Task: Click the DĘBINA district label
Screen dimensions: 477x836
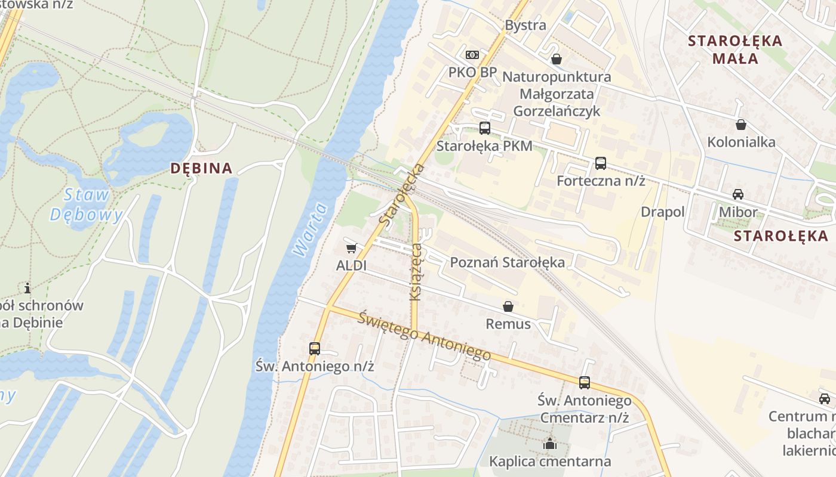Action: tap(201, 168)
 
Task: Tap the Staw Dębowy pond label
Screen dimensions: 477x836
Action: tap(87, 205)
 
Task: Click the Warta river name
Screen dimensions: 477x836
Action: tap(311, 230)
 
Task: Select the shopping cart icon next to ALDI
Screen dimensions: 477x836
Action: tap(351, 248)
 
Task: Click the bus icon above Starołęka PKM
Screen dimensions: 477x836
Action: tap(484, 128)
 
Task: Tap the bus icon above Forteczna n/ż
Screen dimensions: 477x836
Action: tap(600, 163)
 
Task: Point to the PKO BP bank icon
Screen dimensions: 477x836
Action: tap(472, 55)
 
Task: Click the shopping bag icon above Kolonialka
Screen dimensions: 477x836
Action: tap(740, 125)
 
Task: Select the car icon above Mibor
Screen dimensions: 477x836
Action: tap(738, 194)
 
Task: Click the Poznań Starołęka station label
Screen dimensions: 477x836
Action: tap(507, 262)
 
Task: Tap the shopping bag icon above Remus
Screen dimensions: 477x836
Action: tap(508, 306)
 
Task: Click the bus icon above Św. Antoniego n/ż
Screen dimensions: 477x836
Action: tap(314, 349)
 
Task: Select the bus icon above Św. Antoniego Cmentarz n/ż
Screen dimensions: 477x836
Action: tap(584, 383)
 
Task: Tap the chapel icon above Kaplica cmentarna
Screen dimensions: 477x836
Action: tap(549, 444)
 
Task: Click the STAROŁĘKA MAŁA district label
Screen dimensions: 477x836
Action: tap(734, 49)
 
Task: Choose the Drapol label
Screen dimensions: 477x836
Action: tap(662, 212)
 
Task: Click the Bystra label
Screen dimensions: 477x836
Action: tap(525, 25)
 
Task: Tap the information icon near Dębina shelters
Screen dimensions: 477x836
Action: tap(27, 289)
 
